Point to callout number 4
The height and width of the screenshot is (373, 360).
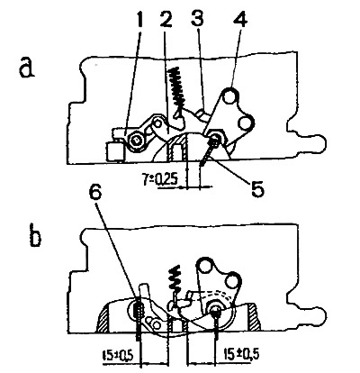240,18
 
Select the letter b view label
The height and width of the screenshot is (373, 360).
36,236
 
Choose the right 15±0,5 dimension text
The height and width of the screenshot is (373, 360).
242,355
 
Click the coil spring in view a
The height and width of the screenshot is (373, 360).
177,90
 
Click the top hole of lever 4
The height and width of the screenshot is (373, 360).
230,96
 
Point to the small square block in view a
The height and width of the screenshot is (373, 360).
115,151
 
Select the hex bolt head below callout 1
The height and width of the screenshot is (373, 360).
137,140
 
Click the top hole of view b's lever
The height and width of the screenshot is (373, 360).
205,266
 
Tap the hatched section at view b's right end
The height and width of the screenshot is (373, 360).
255,317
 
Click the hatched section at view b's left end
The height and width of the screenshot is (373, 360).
103,319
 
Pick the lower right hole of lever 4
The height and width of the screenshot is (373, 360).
246,123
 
